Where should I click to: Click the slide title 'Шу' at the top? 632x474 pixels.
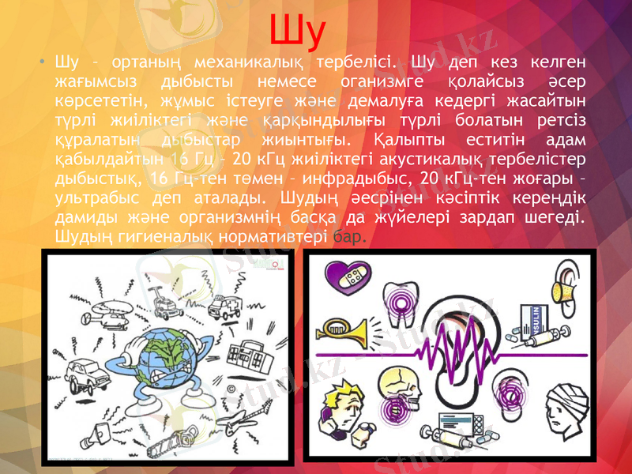[297, 30]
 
